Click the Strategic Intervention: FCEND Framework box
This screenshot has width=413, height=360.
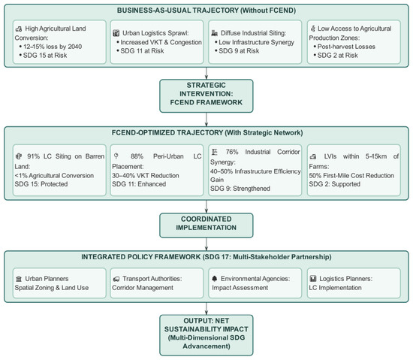point(206,96)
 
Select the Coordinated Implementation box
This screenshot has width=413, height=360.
point(206,225)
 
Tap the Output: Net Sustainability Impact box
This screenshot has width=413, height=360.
point(206,335)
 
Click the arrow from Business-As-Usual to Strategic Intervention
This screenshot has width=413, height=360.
point(206,73)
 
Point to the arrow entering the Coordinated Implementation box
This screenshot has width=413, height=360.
point(206,207)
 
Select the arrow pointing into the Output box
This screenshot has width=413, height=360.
point(206,308)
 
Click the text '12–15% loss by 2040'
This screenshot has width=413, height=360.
point(53,47)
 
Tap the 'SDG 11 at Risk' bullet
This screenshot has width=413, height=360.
point(142,51)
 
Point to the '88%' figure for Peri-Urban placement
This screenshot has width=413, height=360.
point(137,156)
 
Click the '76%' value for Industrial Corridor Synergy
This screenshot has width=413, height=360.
point(232,152)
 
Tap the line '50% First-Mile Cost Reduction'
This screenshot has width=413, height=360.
point(351,176)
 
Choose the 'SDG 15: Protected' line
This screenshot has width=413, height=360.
point(41,184)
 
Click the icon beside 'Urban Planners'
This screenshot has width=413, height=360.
point(19,279)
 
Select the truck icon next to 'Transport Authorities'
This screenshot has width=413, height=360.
point(116,279)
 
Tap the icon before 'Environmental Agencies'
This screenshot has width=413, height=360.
point(215,279)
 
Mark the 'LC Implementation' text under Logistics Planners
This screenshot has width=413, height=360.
point(335,288)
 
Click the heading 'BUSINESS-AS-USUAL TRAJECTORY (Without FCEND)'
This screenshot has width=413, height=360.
point(206,11)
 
